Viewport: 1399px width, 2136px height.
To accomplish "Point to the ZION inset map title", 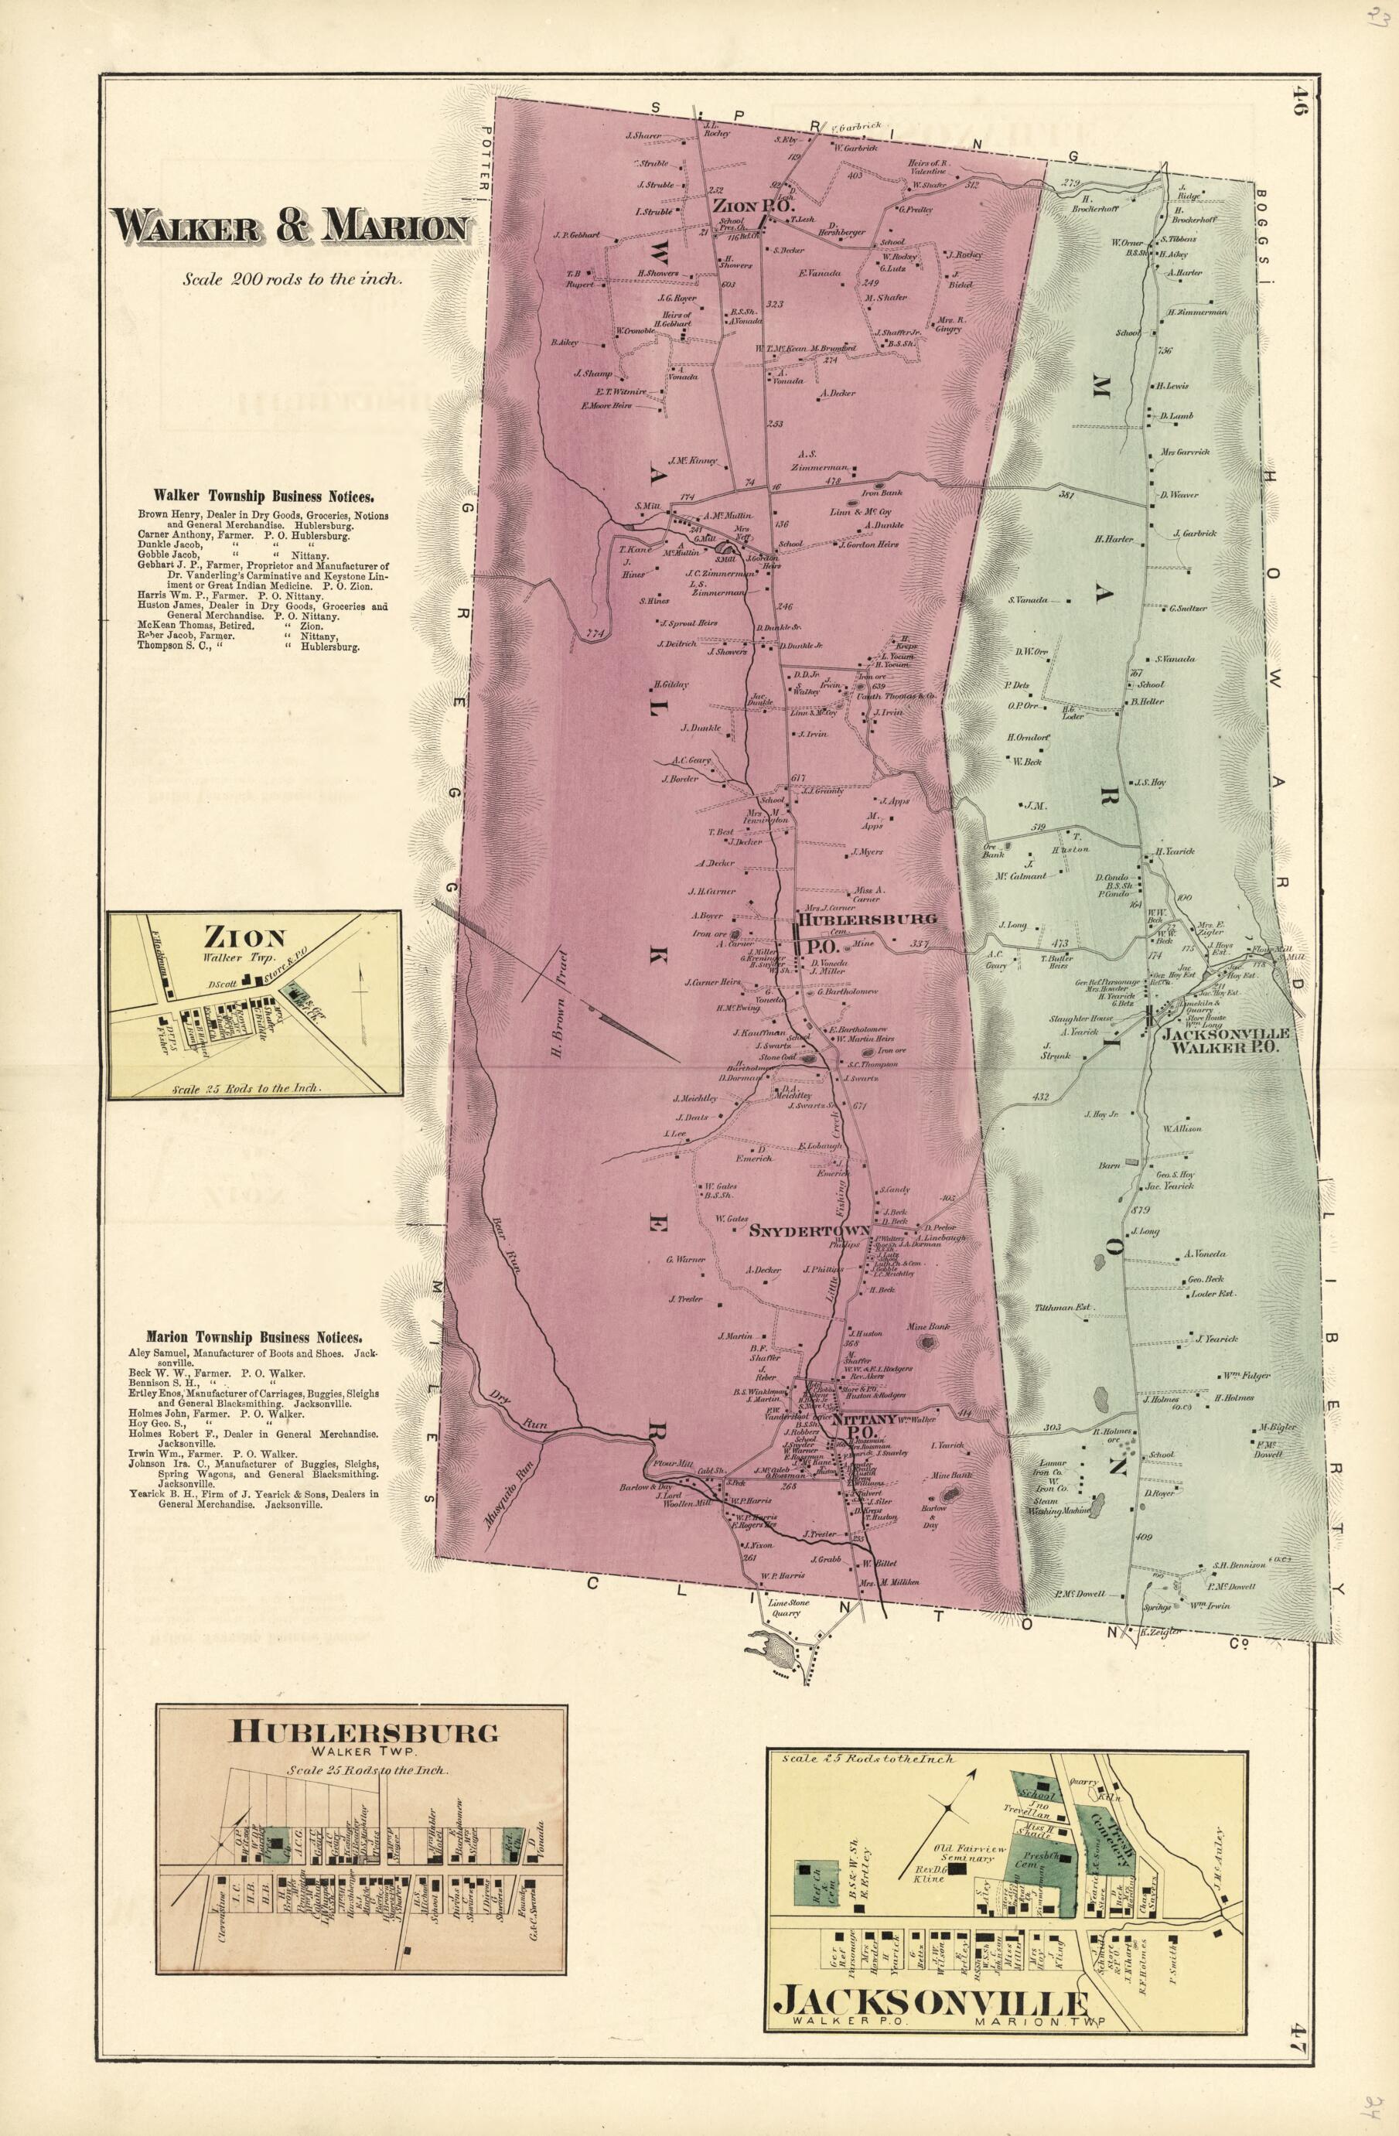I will pyautogui.click(x=244, y=939).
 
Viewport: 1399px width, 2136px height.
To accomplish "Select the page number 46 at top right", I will pyautogui.click(x=1300, y=101).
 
